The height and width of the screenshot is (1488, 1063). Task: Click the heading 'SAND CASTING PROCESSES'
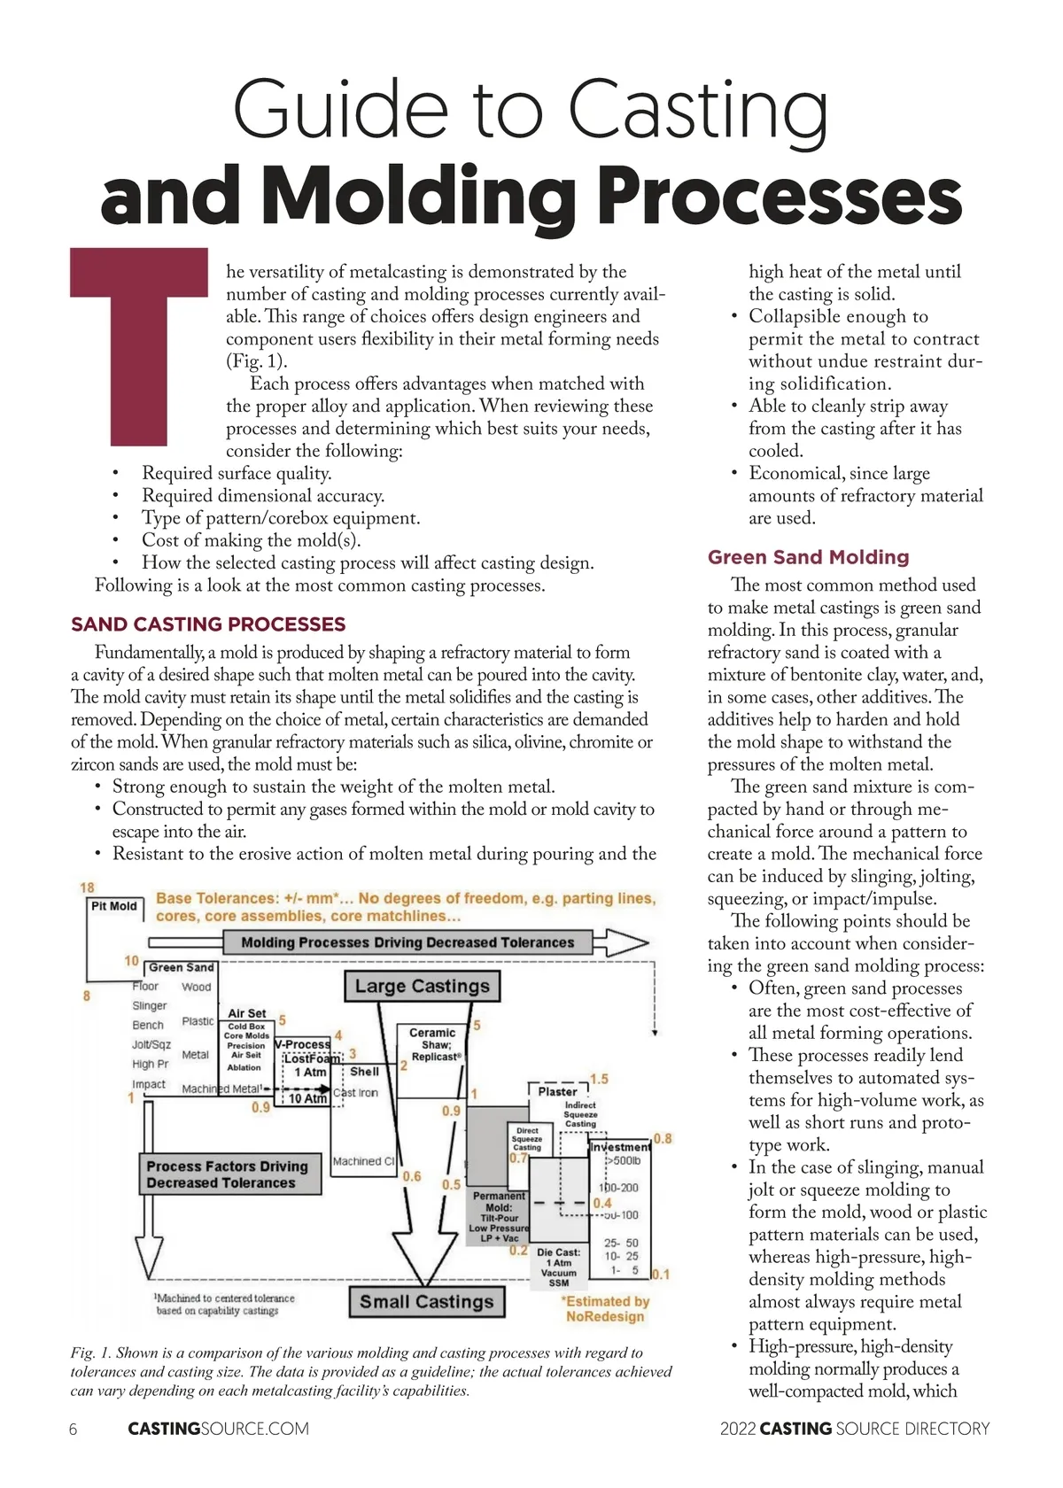[x=208, y=624]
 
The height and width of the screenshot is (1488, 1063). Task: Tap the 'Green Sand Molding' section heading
[x=808, y=557]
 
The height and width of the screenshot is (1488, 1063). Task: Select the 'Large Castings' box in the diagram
[x=422, y=986]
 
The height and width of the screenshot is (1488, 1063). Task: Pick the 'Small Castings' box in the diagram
[x=426, y=1302]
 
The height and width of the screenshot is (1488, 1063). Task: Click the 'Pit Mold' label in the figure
[x=114, y=906]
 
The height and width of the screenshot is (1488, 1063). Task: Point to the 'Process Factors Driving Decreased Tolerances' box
[x=227, y=1174]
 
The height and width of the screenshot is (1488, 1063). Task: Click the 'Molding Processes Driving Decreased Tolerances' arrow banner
[x=407, y=942]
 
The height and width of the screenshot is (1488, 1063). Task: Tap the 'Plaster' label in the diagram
[x=557, y=1091]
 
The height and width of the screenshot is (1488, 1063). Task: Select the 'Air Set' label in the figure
[x=246, y=1013]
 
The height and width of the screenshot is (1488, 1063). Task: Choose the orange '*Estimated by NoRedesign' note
[x=605, y=1309]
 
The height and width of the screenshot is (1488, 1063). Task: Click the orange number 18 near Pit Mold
[x=87, y=887]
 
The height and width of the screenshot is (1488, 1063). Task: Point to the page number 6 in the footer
[x=73, y=1429]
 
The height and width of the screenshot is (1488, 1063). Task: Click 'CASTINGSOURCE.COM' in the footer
[x=218, y=1429]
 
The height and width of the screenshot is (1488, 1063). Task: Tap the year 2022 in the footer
[x=737, y=1429]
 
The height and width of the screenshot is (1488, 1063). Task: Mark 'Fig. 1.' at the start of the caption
[x=91, y=1352]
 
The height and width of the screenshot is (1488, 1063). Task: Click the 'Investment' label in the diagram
[x=620, y=1147]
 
